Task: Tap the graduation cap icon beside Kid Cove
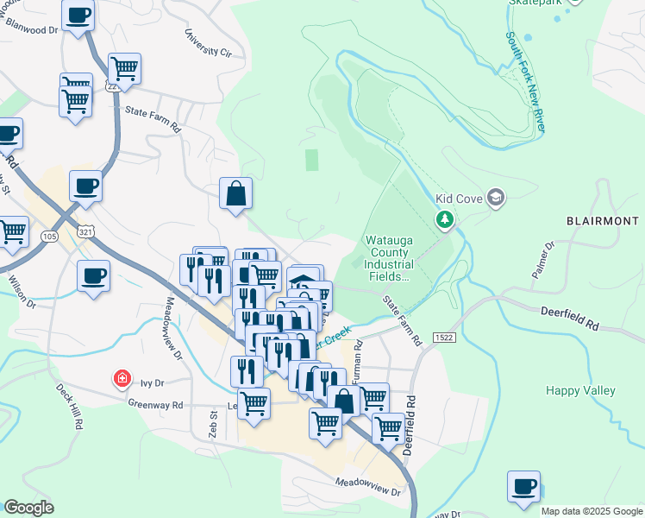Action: [x=495, y=199]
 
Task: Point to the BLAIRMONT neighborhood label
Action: [x=603, y=221]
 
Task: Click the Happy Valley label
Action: [x=580, y=391]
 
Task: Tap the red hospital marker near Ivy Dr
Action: [x=122, y=378]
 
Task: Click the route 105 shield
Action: [x=47, y=235]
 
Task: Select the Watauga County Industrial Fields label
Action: [x=390, y=258]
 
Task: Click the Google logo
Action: [x=28, y=508]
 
